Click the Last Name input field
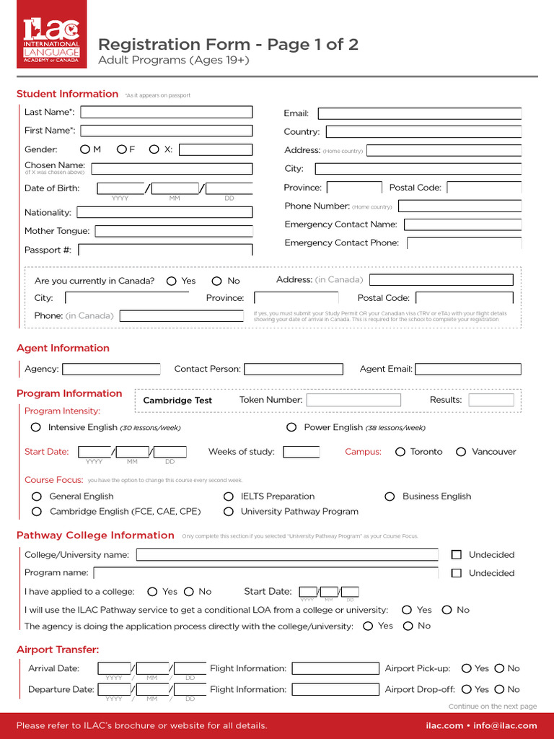coord(167,112)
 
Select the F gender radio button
coord(122,149)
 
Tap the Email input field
coord(419,113)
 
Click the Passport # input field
coord(165,250)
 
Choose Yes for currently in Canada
coord(172,281)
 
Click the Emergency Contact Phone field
coord(464,243)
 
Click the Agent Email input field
coord(467,369)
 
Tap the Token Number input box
coord(353,400)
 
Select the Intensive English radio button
coord(36,427)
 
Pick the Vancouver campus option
coord(461,452)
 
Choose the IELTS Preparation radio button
coord(229,497)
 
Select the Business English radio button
coord(390,497)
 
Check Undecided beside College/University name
coord(456,555)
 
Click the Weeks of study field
coord(301,452)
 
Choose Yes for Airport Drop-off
coord(467,689)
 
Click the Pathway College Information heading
coord(95,535)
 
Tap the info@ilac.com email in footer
coord(506,726)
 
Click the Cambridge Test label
coord(177,401)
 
